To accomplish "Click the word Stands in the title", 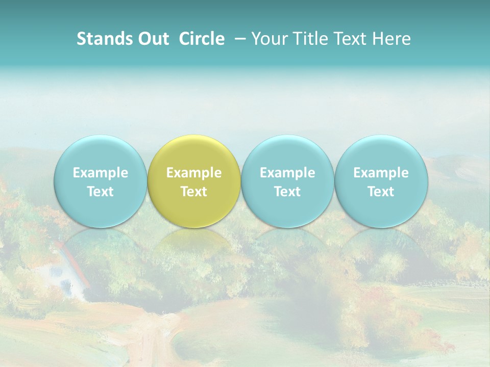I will click(x=104, y=39).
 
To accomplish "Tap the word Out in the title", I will click(x=152, y=39).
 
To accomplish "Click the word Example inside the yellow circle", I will click(x=194, y=173).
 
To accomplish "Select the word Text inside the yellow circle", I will click(x=194, y=192).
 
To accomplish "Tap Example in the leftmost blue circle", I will click(x=100, y=173).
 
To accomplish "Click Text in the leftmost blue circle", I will click(x=100, y=192).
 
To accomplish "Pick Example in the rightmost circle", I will click(x=381, y=173).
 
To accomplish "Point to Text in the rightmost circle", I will click(x=381, y=192).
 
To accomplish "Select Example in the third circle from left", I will click(x=287, y=173).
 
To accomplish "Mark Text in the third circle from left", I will click(x=287, y=192).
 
